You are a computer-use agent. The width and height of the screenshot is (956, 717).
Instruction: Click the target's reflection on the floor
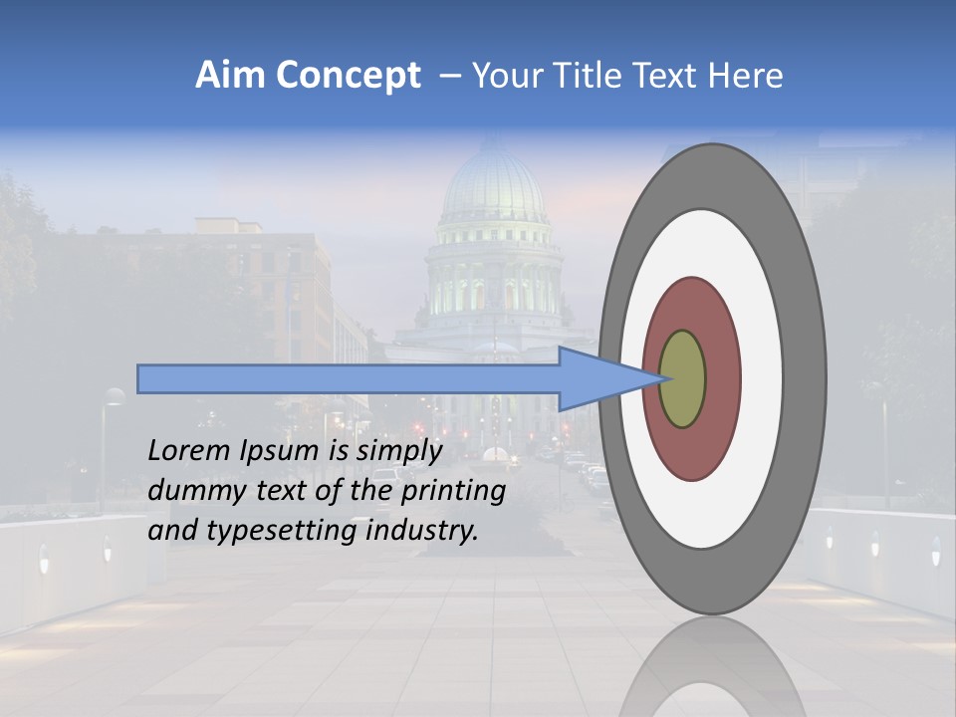click(x=712, y=667)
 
